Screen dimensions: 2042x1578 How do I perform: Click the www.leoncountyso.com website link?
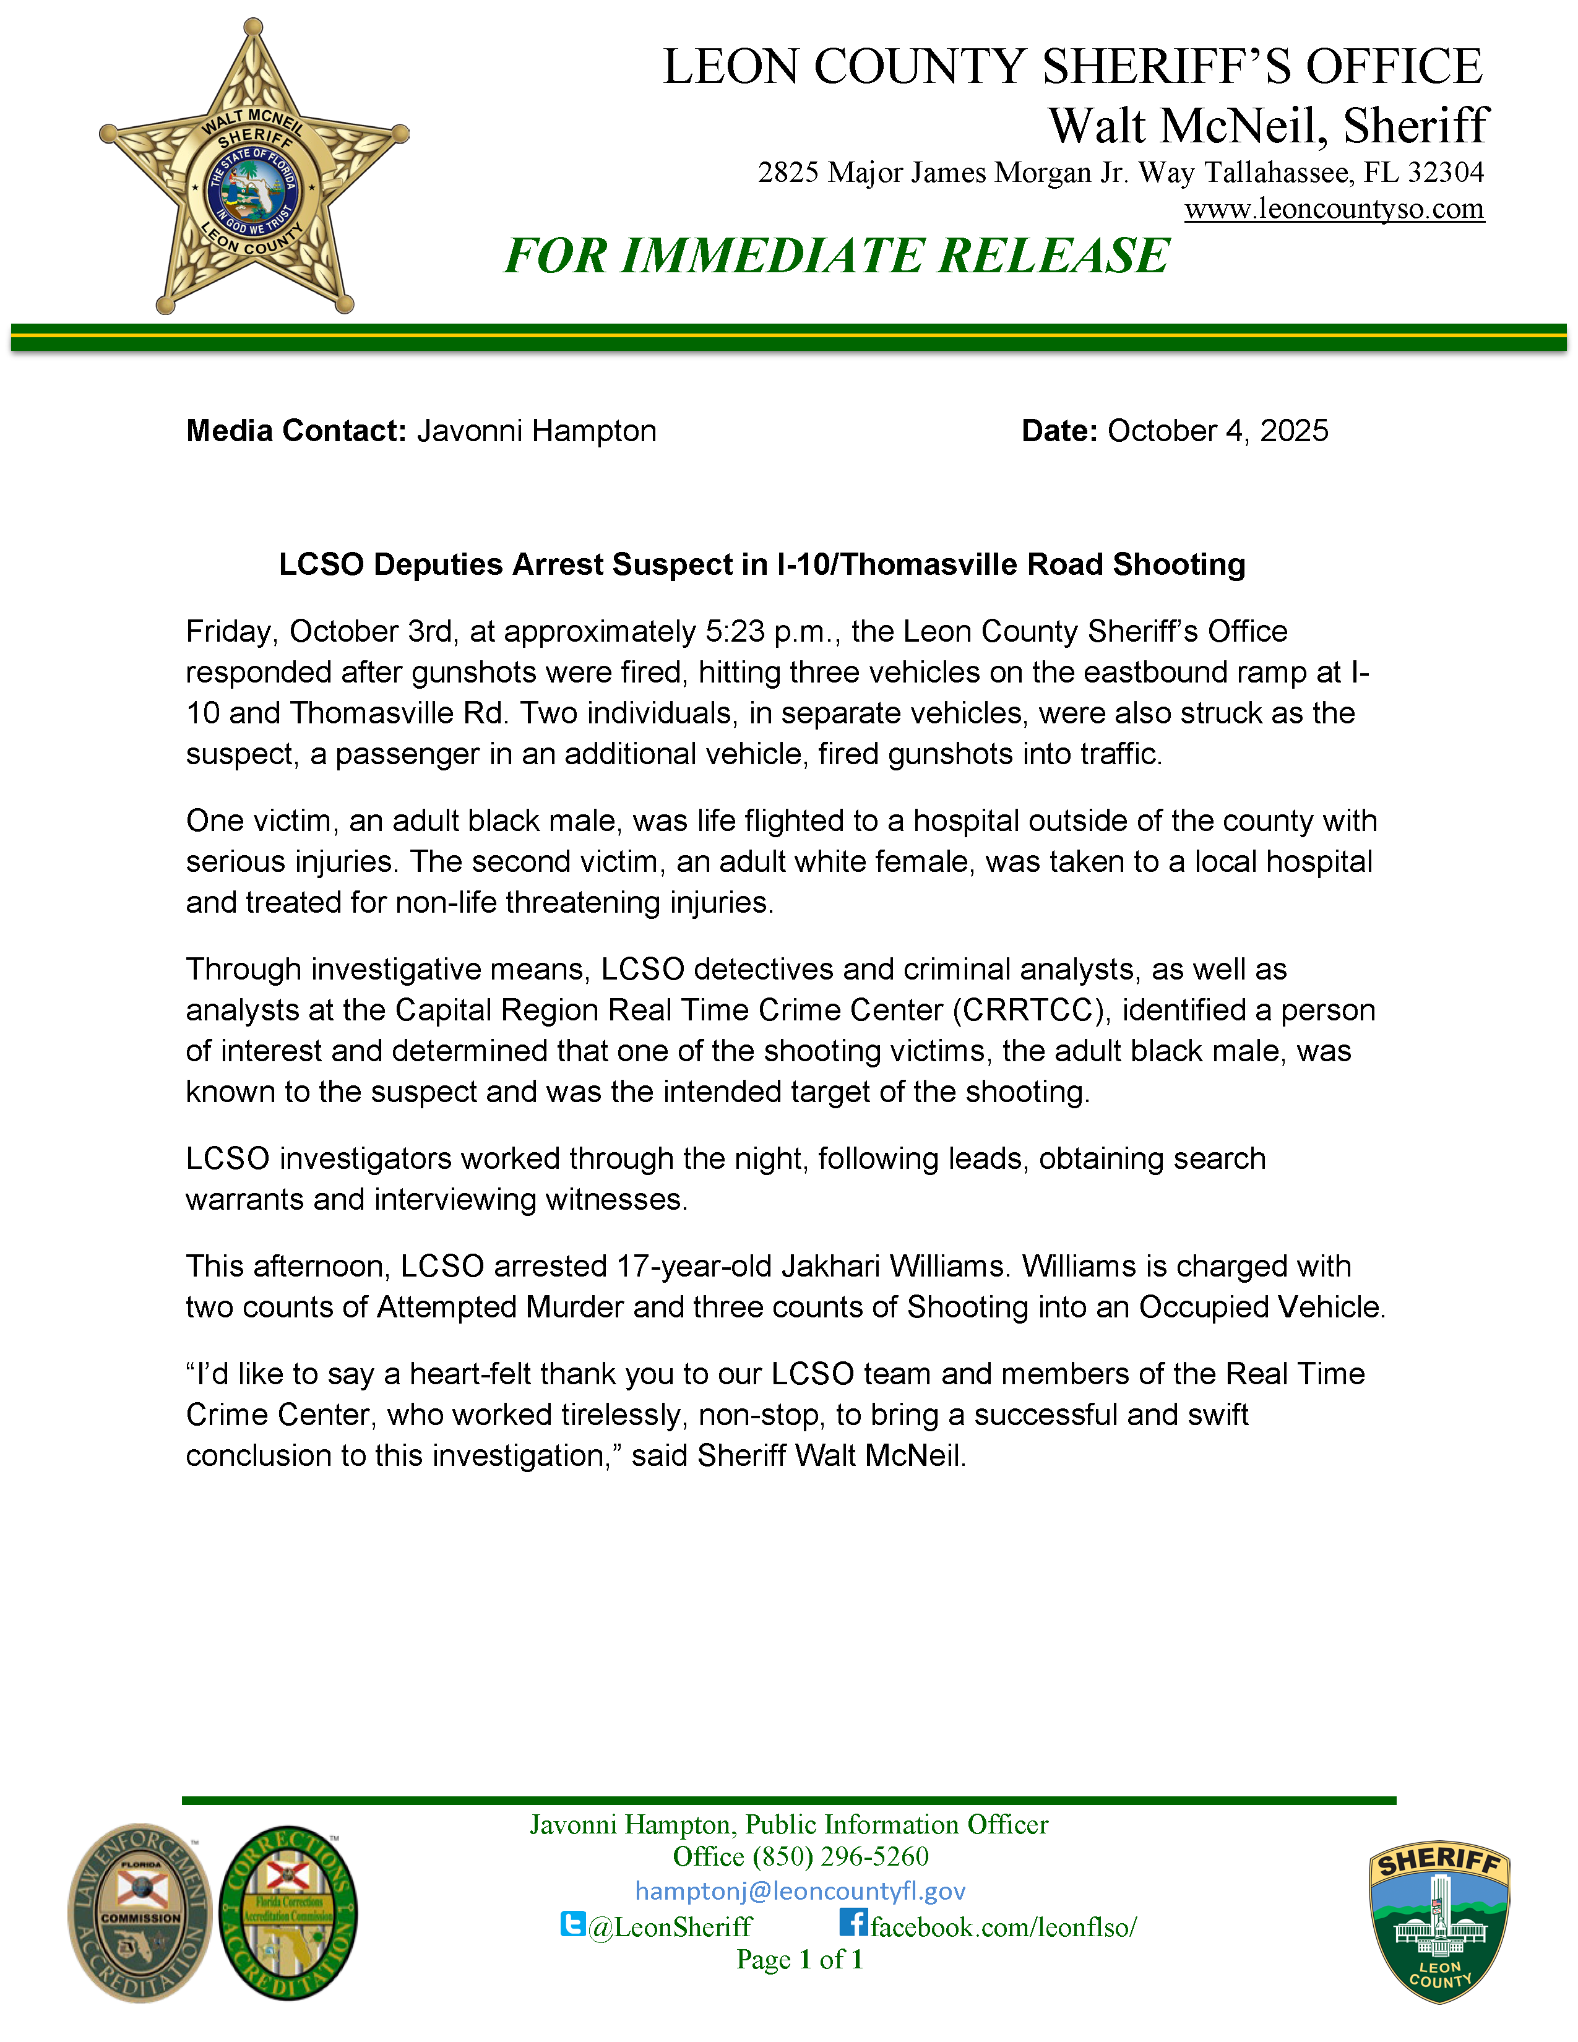click(x=1334, y=209)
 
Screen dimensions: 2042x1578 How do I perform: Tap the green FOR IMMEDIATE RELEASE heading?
click(x=837, y=256)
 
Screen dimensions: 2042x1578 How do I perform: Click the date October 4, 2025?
click(x=1217, y=431)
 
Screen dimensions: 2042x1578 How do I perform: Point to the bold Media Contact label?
click(x=295, y=431)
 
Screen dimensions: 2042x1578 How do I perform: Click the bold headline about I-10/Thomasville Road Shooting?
click(x=762, y=565)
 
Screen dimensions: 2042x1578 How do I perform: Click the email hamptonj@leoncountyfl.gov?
click(x=800, y=1892)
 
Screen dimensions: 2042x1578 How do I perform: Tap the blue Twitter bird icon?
click(x=572, y=1924)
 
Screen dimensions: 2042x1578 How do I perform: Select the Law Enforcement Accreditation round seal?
click(x=140, y=1912)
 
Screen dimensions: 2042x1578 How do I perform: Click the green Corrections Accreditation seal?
click(x=288, y=1912)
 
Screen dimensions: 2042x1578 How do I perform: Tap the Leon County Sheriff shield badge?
click(x=1439, y=1923)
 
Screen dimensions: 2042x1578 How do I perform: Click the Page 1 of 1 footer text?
click(x=800, y=1960)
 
